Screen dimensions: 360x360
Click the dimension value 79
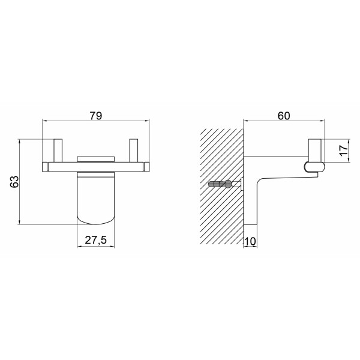[x=96, y=115]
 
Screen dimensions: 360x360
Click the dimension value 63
[x=14, y=182]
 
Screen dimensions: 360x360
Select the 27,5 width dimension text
[x=96, y=240]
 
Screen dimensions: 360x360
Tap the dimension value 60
[x=284, y=116]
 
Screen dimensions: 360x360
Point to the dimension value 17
[x=344, y=151]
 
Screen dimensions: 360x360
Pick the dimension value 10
[x=250, y=241]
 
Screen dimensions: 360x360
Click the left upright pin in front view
[x=58, y=151]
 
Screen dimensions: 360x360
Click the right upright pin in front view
[x=134, y=151]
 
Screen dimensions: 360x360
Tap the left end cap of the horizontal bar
[x=45, y=167]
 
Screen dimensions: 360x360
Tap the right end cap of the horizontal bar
[x=146, y=167]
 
